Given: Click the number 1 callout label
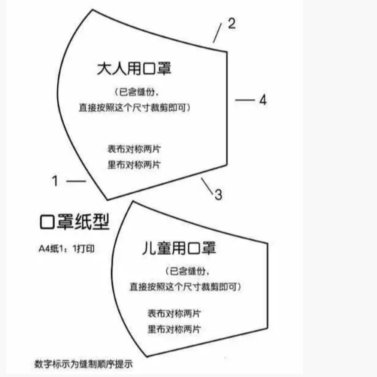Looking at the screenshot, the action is coord(55,181).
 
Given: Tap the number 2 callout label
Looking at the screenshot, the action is coord(231,24).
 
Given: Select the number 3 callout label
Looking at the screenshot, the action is coord(218,194).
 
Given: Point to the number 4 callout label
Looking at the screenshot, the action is coord(263,100).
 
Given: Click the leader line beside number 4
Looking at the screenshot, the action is coord(245,100).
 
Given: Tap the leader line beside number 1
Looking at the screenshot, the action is coord(76,181).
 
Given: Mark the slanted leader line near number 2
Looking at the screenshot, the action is coord(217,33).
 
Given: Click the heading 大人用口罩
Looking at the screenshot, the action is coord(134,70).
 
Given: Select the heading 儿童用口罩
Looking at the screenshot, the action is coord(179,248).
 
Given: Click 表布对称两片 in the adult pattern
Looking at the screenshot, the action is coord(134,149).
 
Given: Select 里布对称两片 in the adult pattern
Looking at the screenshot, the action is coord(134,164).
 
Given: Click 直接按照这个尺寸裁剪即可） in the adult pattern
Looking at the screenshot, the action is coord(134,108).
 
